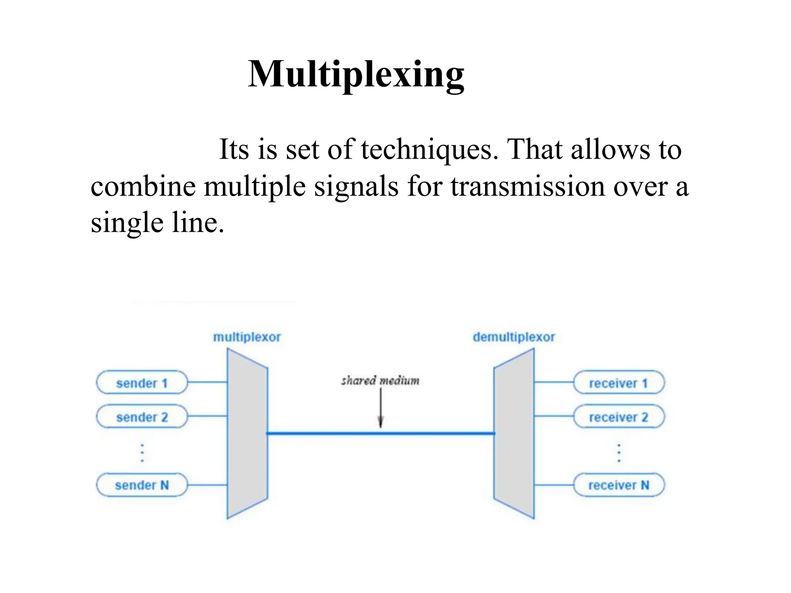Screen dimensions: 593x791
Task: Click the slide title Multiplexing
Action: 356,74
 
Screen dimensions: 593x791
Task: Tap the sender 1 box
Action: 142,383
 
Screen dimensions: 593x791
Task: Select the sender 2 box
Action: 142,417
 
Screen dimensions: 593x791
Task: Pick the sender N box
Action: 142,485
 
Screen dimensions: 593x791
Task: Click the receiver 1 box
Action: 618,383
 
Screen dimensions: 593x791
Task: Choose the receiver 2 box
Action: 618,417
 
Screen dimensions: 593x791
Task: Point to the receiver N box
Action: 618,485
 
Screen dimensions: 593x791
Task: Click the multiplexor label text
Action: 247,337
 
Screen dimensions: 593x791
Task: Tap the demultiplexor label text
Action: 514,337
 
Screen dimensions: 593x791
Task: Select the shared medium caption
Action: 380,381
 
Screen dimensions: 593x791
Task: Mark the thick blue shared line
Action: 328,434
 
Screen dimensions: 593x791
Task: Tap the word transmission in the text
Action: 528,187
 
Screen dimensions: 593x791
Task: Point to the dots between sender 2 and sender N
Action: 142,453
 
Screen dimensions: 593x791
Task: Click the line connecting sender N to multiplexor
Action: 207,485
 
